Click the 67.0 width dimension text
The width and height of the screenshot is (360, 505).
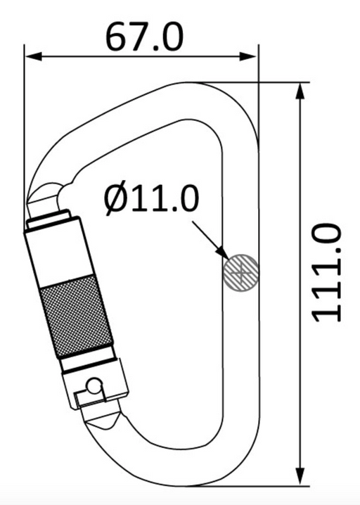[144, 37]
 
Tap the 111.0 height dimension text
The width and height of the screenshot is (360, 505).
[326, 273]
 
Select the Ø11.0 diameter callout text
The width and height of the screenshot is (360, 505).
[151, 199]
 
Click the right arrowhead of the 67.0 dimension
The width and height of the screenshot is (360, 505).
[249, 57]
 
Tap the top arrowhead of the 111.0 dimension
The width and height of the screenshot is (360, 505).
[300, 91]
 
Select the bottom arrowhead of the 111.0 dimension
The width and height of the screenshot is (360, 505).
[300, 477]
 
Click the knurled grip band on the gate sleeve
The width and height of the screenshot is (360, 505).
[77, 316]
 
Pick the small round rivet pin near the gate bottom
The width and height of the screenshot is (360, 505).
[95, 386]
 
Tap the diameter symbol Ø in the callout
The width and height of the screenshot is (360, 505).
[114, 200]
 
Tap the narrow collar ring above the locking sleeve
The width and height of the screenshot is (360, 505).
[49, 215]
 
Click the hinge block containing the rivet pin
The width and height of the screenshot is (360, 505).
[96, 386]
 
